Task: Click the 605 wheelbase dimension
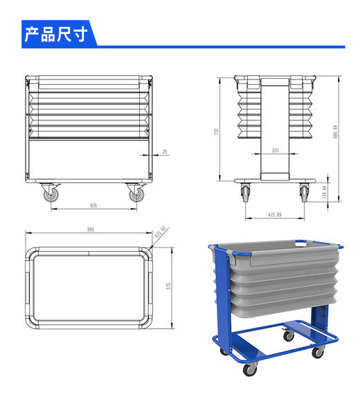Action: tap(92, 205)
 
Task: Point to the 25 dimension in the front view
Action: tap(164, 151)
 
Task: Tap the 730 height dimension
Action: tap(217, 131)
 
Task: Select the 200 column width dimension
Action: tap(276, 149)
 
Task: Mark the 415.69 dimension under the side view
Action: tap(275, 215)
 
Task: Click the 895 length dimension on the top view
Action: tap(89, 230)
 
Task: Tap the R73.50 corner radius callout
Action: tap(162, 233)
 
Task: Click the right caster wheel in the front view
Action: tap(135, 194)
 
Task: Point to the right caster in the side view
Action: tap(304, 193)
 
